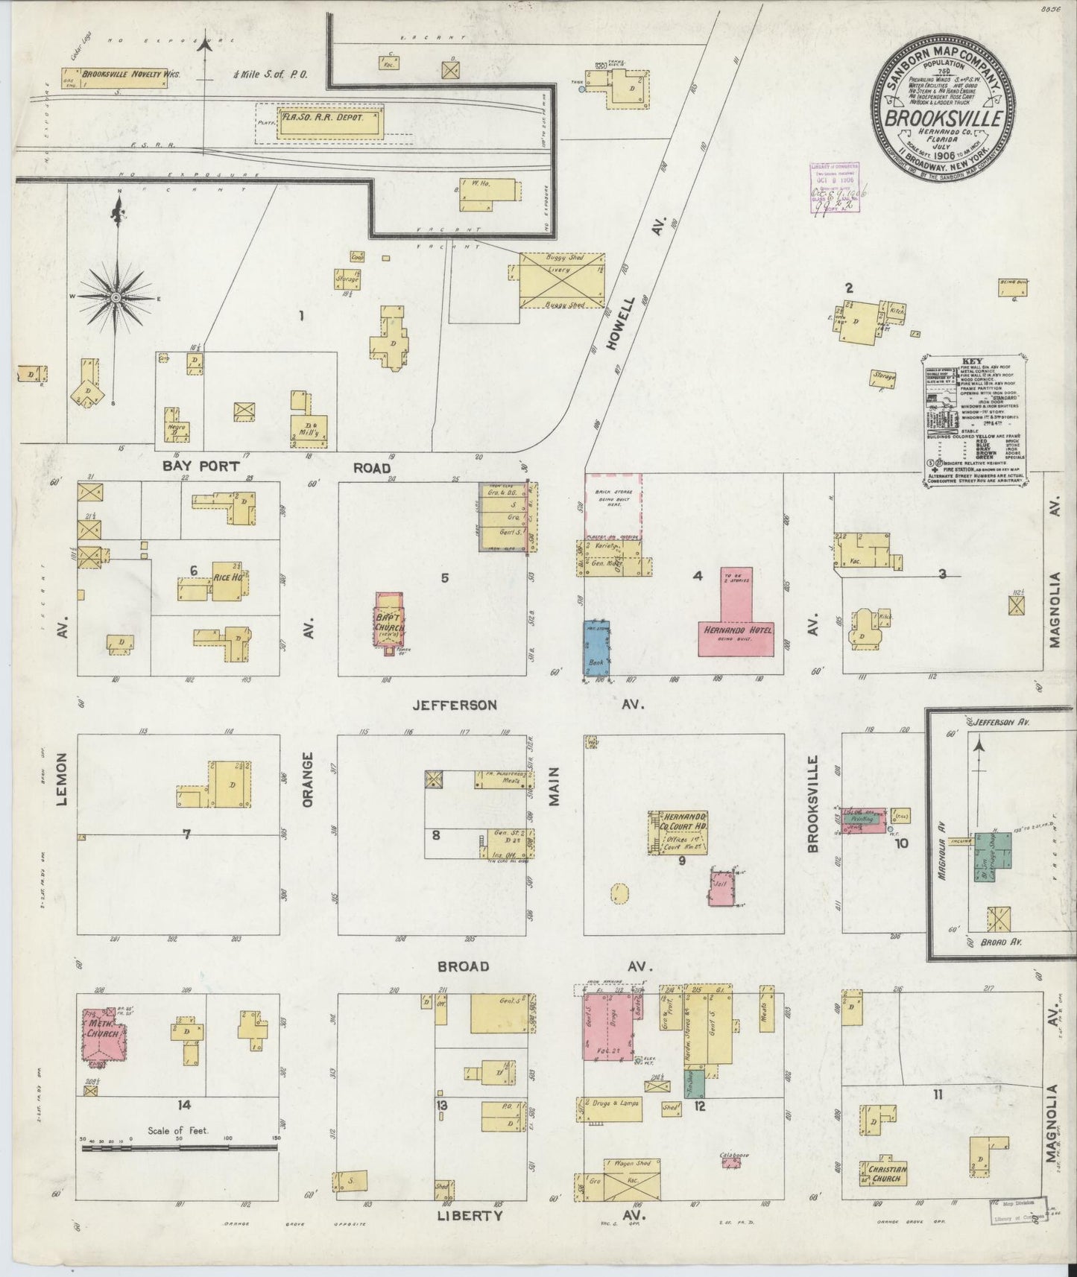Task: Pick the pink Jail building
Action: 721,887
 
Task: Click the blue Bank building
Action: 596,647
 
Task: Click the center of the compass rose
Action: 116,297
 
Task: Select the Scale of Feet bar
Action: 179,1168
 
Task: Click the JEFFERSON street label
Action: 455,704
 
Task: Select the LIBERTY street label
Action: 470,1216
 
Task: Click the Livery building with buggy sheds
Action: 562,280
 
